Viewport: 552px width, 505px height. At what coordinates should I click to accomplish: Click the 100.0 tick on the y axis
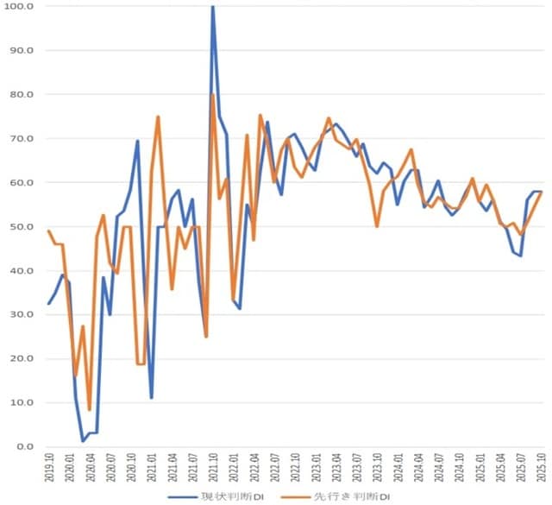click(19, 7)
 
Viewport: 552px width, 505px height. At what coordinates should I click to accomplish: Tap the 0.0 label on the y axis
click(23, 447)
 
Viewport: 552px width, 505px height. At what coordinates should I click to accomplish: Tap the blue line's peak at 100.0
click(212, 7)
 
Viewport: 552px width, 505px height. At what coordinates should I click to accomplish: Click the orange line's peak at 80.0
click(213, 95)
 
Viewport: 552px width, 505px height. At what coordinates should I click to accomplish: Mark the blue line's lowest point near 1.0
click(83, 442)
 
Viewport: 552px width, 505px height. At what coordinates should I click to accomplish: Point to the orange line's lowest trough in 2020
click(89, 410)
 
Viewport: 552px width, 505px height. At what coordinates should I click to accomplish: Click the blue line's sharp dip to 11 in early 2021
click(151, 398)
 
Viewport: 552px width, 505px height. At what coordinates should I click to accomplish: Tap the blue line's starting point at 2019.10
click(48, 304)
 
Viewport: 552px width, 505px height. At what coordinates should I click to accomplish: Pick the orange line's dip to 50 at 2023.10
click(377, 226)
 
